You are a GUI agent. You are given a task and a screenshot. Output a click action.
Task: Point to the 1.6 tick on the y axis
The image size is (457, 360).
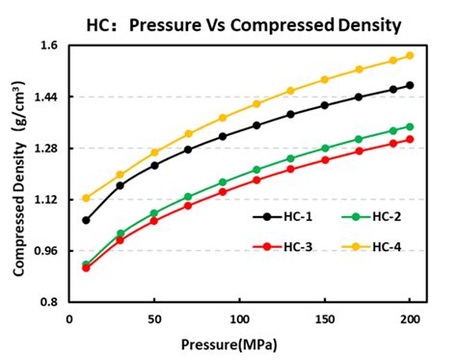click(49, 45)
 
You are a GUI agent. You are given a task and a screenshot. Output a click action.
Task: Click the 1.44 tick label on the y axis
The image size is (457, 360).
click(45, 97)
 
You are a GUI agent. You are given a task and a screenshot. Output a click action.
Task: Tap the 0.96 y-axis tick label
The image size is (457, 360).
click(45, 251)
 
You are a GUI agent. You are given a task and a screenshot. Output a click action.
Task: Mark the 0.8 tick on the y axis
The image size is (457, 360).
click(49, 302)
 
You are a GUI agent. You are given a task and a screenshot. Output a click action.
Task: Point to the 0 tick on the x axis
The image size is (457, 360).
click(69, 318)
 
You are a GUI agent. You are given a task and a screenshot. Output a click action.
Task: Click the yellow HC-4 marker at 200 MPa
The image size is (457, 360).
click(410, 55)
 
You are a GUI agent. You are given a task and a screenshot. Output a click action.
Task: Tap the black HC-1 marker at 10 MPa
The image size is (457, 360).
click(86, 220)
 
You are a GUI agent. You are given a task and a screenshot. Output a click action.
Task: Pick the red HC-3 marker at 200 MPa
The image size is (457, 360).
click(410, 139)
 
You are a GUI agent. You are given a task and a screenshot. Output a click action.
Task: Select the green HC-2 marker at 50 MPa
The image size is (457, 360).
click(154, 213)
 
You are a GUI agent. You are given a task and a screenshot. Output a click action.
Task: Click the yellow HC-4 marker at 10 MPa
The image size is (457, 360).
click(86, 198)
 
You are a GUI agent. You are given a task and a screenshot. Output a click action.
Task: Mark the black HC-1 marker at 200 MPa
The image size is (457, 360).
click(410, 85)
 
